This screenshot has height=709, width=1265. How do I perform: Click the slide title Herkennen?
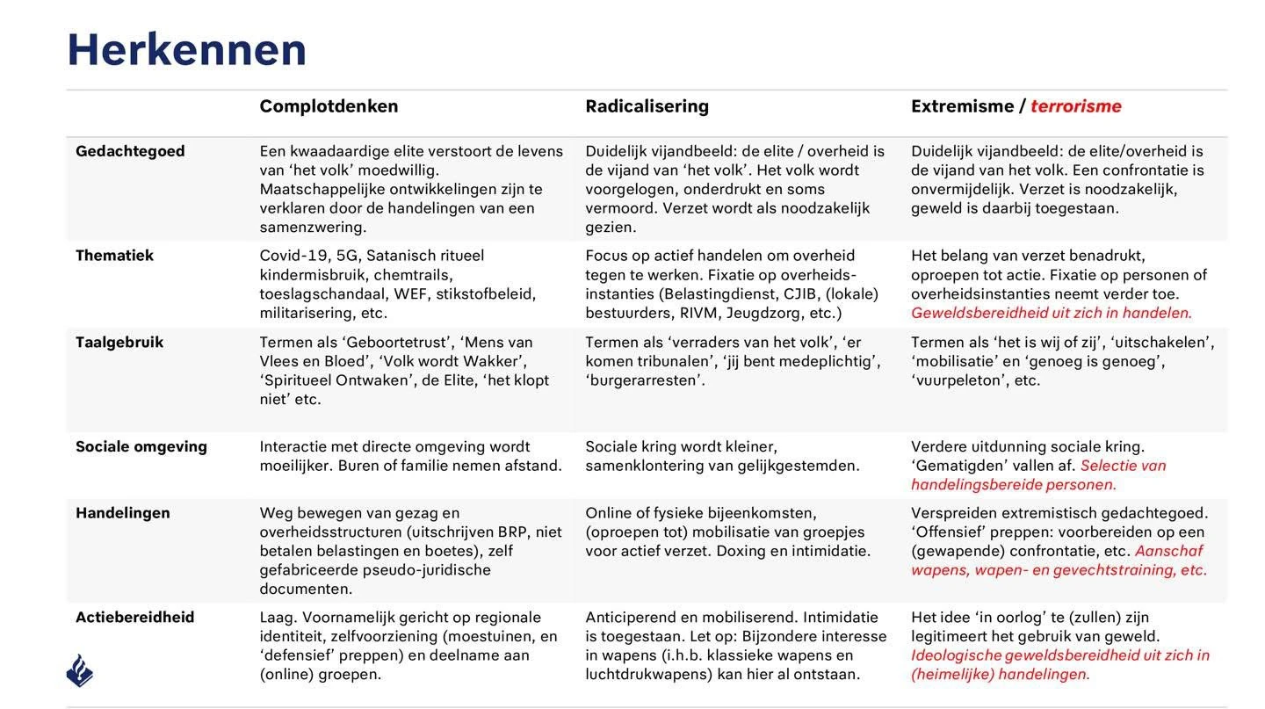[x=186, y=50]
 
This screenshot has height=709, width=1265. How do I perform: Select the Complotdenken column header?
[x=329, y=106]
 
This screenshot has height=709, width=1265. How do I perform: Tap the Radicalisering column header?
[x=647, y=106]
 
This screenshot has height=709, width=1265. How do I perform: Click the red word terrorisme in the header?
[x=1075, y=106]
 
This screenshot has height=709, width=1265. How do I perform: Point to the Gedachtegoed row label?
[x=130, y=151]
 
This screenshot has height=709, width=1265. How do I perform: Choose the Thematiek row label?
[x=114, y=256]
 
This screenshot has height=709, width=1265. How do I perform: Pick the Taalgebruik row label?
[x=119, y=343]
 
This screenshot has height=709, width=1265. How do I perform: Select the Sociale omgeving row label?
[x=141, y=446]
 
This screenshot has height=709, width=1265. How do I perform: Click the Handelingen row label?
[x=122, y=513]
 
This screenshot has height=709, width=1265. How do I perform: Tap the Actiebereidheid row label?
[x=134, y=618]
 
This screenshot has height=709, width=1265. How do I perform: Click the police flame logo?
[x=79, y=670]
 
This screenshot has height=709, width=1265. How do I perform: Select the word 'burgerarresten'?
[x=644, y=380]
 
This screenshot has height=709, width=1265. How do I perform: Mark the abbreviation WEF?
[x=411, y=293]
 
